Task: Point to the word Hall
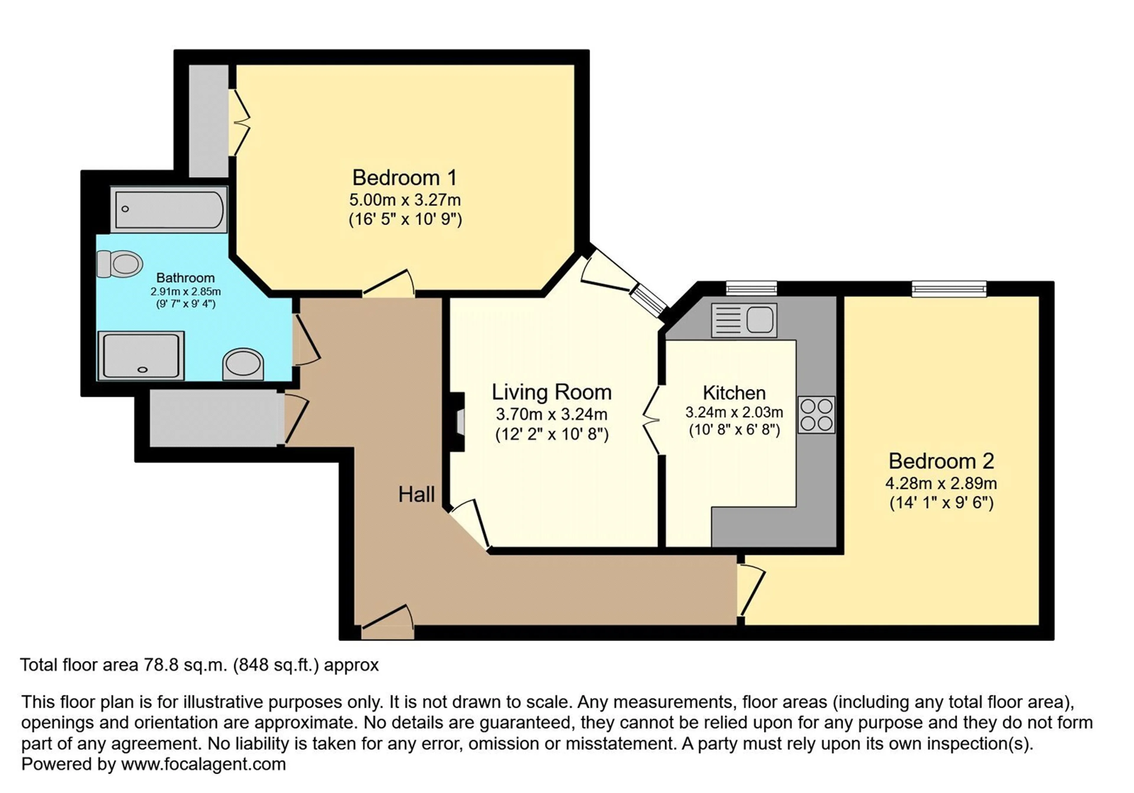416,494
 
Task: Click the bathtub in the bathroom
169,209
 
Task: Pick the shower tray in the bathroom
141,355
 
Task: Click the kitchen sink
744,320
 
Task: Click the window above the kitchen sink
751,288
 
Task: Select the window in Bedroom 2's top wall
949,289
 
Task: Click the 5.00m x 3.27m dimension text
405,200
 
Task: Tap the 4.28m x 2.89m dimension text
941,483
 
